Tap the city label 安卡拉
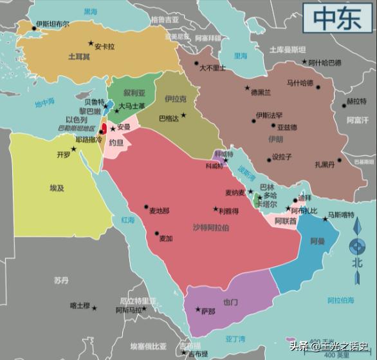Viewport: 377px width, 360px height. (104, 46)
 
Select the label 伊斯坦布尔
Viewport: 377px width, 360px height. (53, 24)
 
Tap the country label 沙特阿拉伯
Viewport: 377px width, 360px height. (211, 228)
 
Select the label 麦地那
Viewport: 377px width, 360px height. (159, 211)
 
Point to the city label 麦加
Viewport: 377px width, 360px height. (165, 238)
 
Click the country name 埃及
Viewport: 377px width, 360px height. (57, 188)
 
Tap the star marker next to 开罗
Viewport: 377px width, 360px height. (73, 149)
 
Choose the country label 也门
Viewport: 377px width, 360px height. (230, 302)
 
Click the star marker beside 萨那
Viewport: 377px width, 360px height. (198, 310)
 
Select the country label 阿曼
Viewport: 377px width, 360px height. (317, 242)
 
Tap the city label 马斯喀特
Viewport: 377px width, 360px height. (341, 214)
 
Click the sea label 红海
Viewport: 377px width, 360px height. (128, 220)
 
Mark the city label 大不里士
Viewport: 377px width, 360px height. (212, 68)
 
